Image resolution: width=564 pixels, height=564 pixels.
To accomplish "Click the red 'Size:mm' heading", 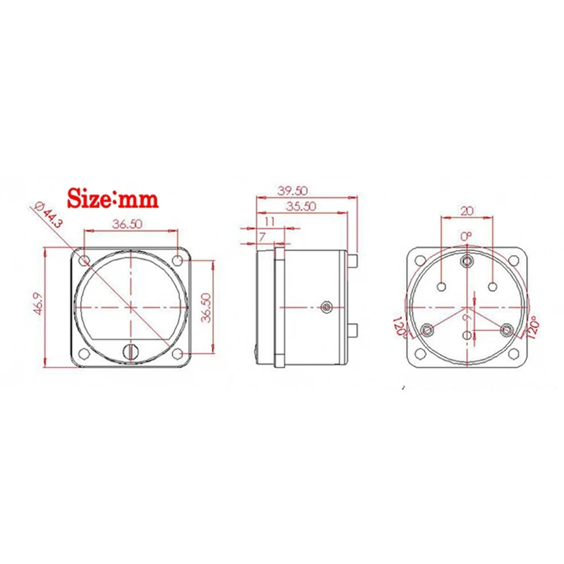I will point(112,199).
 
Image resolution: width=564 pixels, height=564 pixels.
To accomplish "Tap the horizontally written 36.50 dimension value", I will point(131,223).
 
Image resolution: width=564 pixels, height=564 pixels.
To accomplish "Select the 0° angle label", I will point(465,235).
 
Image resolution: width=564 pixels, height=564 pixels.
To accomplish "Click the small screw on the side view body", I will point(326,307).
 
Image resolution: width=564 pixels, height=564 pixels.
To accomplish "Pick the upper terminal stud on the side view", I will point(355,261).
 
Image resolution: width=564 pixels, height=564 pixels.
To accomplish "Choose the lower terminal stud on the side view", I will point(355,330).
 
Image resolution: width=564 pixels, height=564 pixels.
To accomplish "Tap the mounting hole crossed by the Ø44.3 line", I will point(84,261).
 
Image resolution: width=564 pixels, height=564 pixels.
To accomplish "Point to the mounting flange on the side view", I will point(278,305).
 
